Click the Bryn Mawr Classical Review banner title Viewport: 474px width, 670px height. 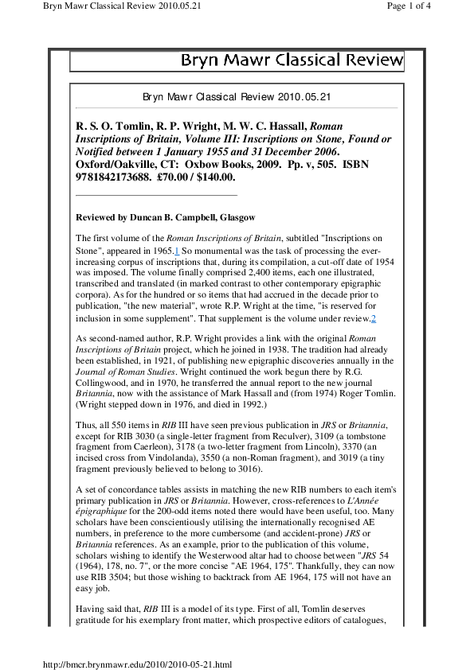292,60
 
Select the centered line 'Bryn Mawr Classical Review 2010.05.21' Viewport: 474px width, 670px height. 237,97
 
